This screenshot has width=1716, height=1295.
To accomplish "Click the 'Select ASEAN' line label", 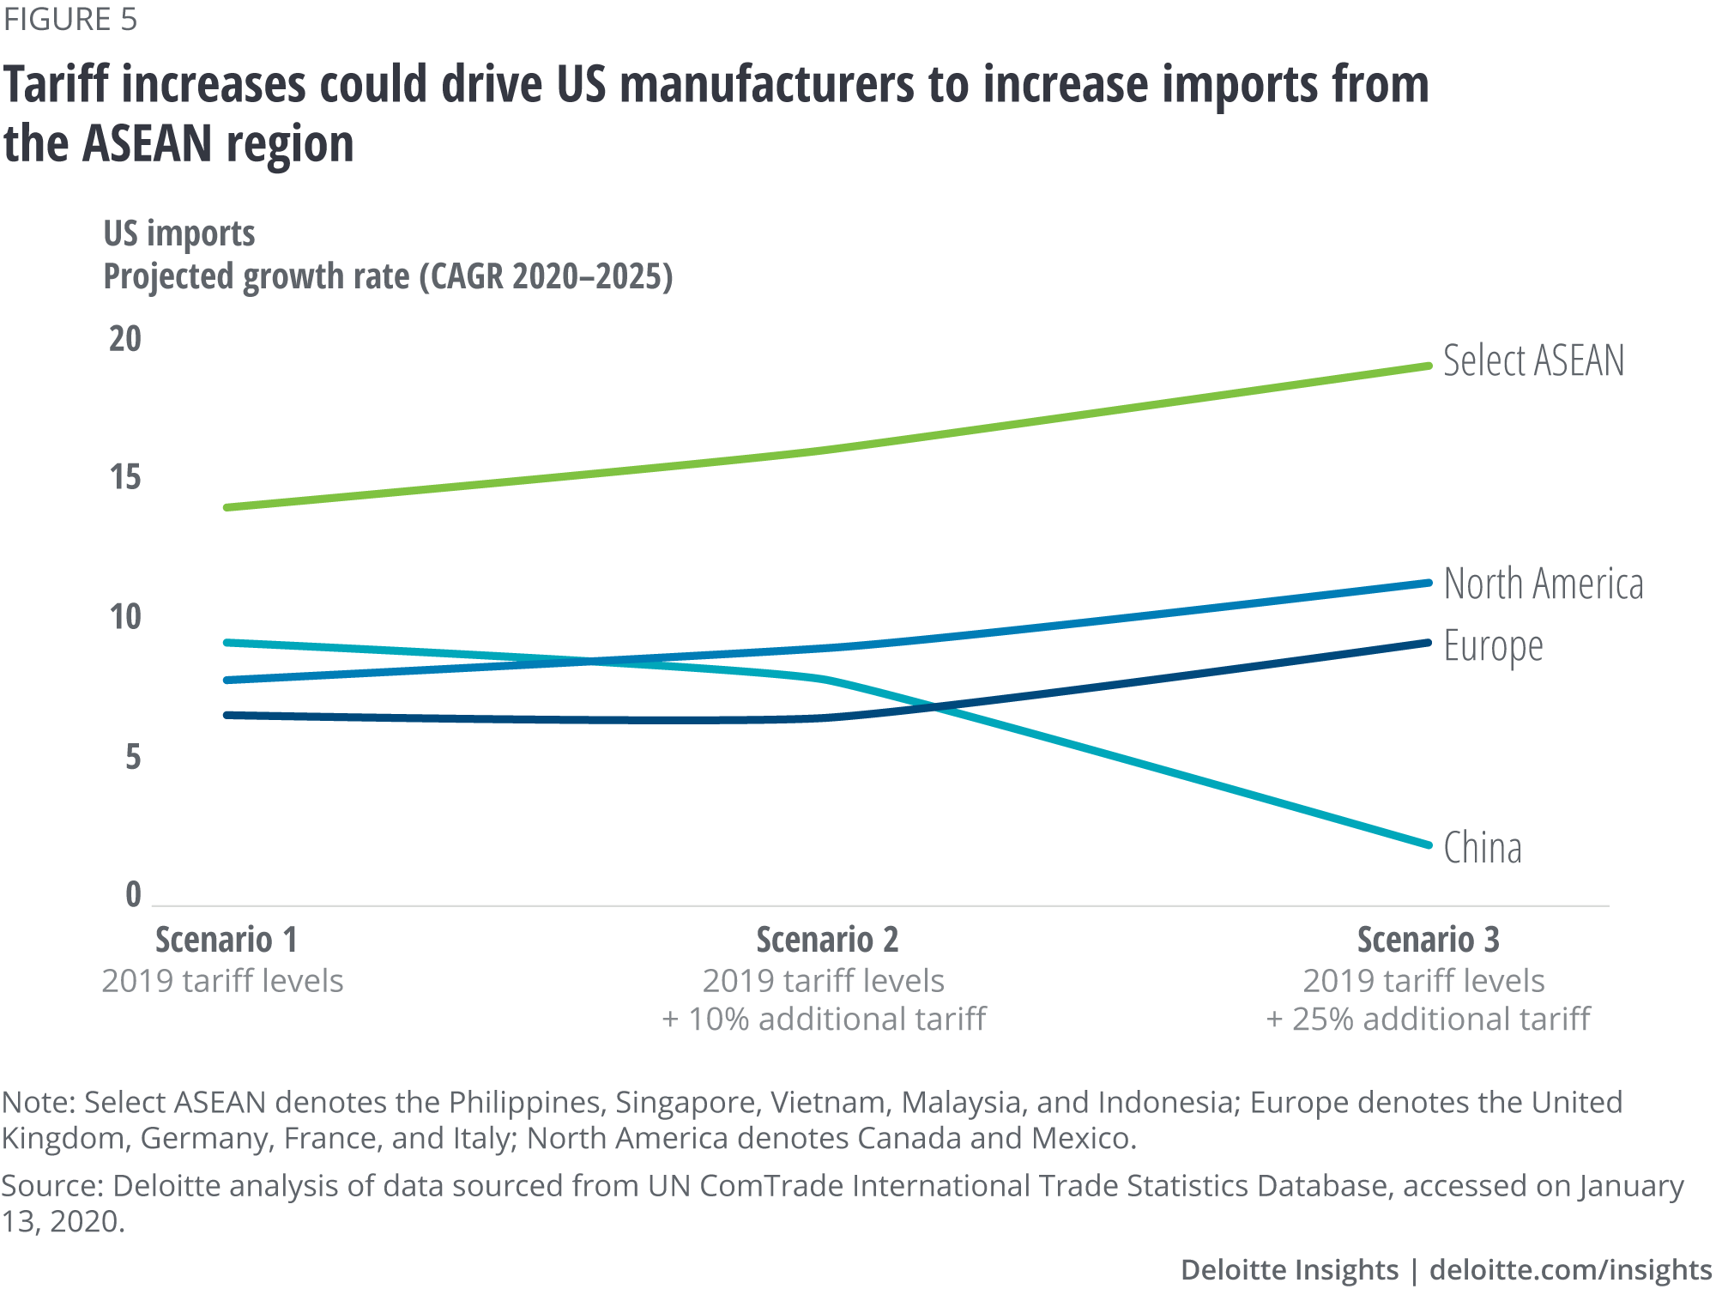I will click(x=1533, y=360).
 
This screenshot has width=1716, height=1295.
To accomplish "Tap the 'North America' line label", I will click(x=1543, y=584).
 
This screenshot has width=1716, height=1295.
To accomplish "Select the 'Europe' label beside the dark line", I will click(x=1493, y=646).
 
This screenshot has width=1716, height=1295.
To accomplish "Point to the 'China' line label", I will click(x=1482, y=848).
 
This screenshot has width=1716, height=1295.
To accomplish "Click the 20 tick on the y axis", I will click(x=125, y=339).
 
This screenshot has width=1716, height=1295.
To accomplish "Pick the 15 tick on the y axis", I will click(x=125, y=477).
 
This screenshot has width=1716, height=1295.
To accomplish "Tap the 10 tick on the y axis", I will click(x=125, y=617).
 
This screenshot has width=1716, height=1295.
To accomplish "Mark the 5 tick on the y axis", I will click(x=133, y=757).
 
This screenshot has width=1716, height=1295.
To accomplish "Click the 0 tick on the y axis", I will click(x=133, y=895).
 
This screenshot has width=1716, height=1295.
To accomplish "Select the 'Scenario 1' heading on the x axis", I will click(x=227, y=940).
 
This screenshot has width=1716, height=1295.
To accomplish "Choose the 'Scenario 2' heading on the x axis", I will click(x=827, y=940).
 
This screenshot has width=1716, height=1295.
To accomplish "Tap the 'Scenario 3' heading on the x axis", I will click(x=1428, y=940).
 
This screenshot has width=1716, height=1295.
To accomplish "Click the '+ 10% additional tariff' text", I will click(x=824, y=1020).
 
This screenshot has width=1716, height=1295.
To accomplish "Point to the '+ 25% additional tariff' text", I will click(x=1428, y=1020).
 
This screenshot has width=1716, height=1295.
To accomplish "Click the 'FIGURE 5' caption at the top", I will click(x=70, y=20).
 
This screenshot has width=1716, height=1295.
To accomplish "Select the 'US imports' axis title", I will click(x=179, y=233).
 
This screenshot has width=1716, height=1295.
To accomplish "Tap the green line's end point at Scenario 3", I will click(x=1429, y=366).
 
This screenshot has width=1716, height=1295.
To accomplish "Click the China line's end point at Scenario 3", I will click(x=1429, y=845).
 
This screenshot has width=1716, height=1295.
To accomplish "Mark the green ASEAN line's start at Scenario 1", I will click(x=227, y=508).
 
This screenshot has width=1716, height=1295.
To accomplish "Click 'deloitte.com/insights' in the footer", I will click(x=1570, y=1270).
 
